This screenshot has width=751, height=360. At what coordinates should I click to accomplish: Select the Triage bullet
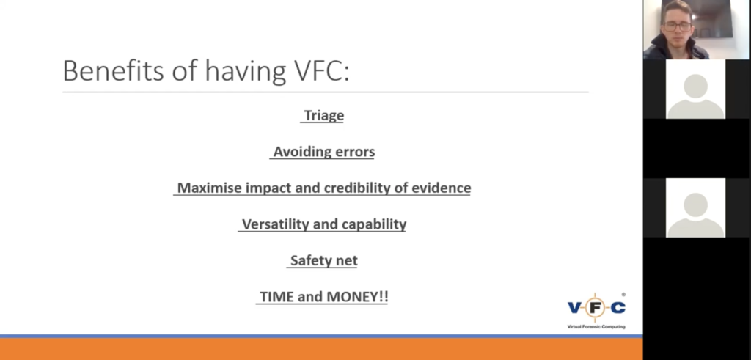(x=324, y=115)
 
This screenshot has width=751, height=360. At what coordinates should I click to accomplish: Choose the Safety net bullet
(x=323, y=260)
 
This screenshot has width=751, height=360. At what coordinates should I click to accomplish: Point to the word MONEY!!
(x=357, y=297)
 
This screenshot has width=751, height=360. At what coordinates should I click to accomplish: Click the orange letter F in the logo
(x=596, y=307)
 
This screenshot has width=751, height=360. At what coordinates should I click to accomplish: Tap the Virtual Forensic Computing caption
(x=596, y=326)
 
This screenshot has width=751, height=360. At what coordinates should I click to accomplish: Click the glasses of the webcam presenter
(x=677, y=26)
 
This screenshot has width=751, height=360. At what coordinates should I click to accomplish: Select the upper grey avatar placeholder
(x=695, y=89)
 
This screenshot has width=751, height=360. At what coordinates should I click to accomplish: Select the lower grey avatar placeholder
(x=695, y=207)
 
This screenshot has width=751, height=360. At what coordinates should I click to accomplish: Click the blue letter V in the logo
(x=574, y=307)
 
